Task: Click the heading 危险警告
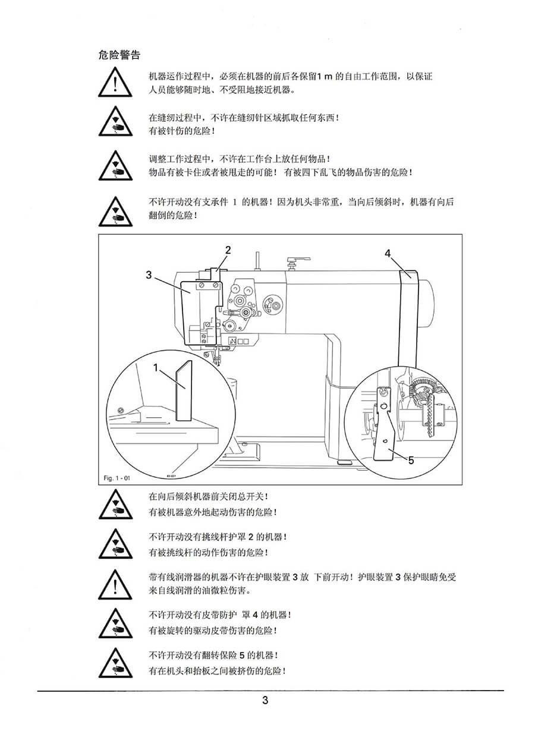click(119, 55)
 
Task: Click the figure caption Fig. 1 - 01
click(117, 478)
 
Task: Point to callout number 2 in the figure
click(228, 250)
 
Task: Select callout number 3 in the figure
click(149, 275)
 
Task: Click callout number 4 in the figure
click(388, 253)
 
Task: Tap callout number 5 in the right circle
click(411, 460)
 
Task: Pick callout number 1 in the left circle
click(156, 368)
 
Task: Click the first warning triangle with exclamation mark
click(115, 82)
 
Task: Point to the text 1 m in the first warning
click(325, 76)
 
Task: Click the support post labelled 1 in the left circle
click(184, 390)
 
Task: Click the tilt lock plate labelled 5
click(385, 424)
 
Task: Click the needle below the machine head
click(215, 358)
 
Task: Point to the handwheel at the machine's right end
click(426, 303)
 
